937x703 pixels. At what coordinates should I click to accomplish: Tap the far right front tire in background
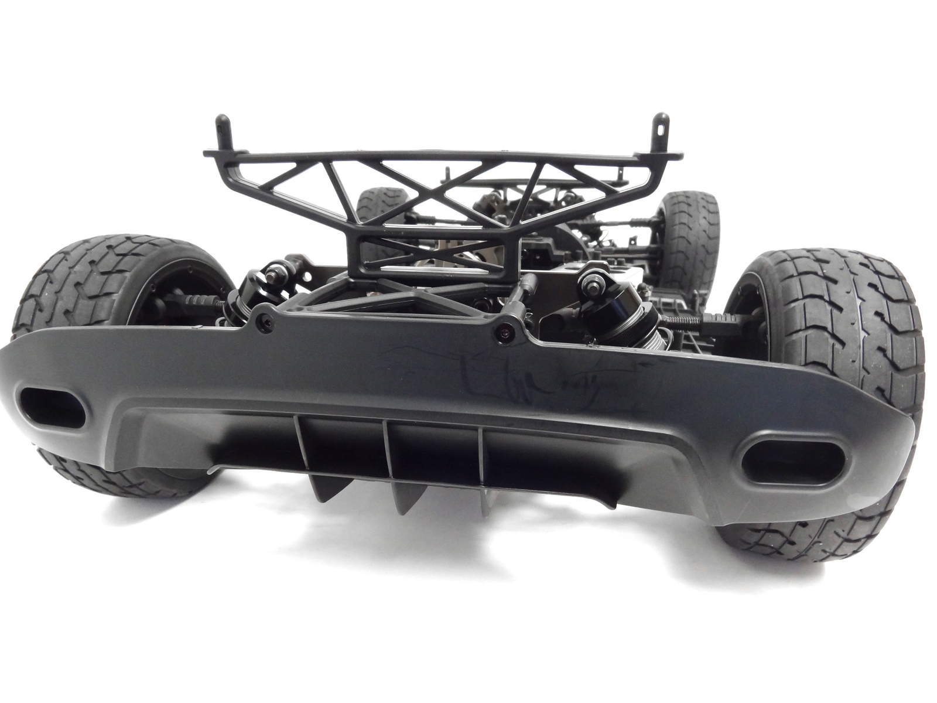pos(691,234)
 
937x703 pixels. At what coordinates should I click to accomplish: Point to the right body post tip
pos(660,120)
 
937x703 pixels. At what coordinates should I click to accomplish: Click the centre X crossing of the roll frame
pos(434,193)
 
